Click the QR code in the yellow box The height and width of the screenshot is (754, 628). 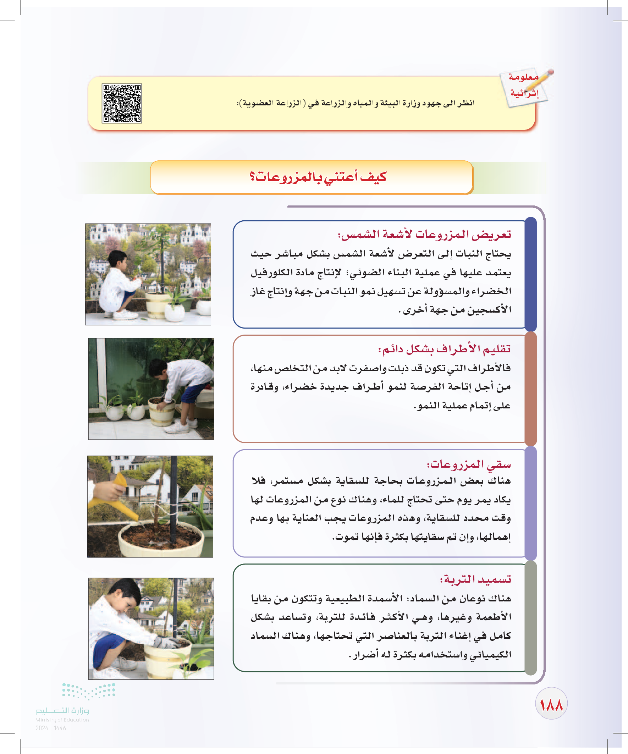tap(122, 103)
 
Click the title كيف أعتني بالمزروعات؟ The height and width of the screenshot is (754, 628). tap(318, 177)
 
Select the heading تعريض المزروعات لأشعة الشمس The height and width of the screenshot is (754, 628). tap(424, 235)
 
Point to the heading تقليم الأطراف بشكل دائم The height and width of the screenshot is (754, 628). tap(444, 349)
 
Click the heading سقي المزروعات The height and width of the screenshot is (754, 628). tap(468, 464)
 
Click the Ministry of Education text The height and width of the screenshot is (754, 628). tap(62, 720)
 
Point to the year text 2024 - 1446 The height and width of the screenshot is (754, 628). tap(51, 728)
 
